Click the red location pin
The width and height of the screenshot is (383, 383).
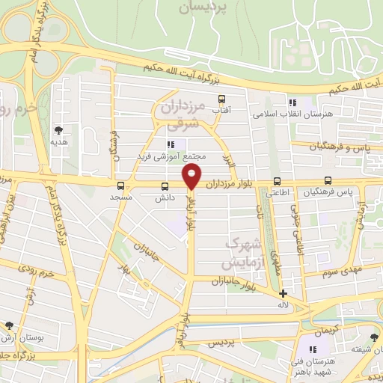(x=191, y=177)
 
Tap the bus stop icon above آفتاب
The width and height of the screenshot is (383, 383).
(x=221, y=99)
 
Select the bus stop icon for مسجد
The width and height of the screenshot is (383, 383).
(x=120, y=186)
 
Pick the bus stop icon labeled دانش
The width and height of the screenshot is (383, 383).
(x=165, y=186)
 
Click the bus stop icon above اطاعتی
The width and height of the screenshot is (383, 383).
(x=278, y=181)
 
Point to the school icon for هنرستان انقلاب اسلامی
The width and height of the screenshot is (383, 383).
(x=292, y=103)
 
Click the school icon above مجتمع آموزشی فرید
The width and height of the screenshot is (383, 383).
(x=171, y=144)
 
